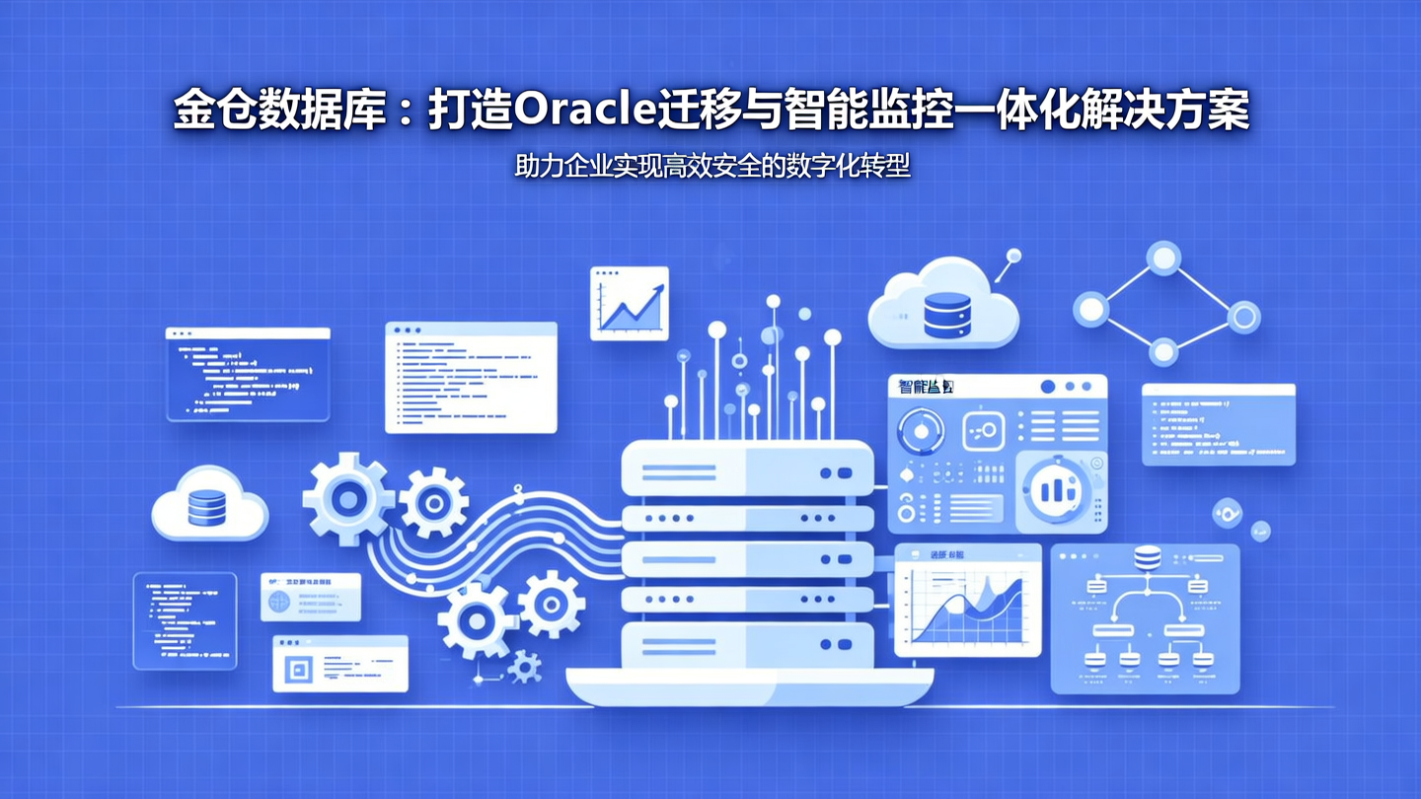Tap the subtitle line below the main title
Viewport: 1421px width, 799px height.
[711, 166]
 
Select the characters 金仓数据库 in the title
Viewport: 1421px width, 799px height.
[279, 110]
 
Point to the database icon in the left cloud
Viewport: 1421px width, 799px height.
[206, 507]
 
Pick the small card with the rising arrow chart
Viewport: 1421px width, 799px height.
[629, 304]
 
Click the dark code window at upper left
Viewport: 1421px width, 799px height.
[248, 374]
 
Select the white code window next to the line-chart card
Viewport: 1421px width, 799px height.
[471, 377]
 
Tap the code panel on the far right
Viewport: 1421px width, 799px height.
[1218, 424]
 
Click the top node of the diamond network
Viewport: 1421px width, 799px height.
[1164, 258]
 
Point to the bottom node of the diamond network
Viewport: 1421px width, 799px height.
[1163, 351]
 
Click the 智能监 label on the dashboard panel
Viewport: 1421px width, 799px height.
[926, 387]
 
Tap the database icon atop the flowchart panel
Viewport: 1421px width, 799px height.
[1146, 558]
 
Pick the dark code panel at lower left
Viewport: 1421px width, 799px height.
[185, 620]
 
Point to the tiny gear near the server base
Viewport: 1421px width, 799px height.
[525, 669]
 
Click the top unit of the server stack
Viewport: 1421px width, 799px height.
[747, 472]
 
